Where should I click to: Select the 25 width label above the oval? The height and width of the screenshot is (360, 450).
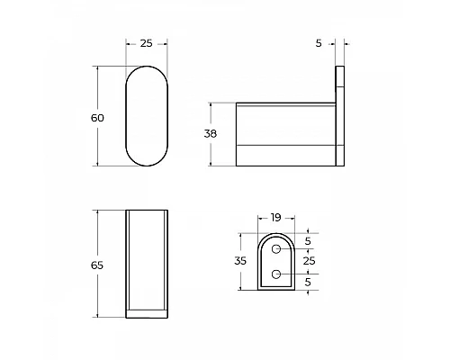point(145,43)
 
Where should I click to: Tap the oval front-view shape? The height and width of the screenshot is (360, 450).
point(145,117)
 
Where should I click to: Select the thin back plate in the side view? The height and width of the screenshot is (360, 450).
point(341,117)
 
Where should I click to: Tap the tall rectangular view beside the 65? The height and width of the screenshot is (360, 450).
point(146,265)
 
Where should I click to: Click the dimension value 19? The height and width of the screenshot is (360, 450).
point(274,218)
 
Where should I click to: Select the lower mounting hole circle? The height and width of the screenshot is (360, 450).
point(277,273)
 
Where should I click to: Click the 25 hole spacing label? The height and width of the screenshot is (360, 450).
point(310,261)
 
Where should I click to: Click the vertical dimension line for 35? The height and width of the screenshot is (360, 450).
point(240,261)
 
